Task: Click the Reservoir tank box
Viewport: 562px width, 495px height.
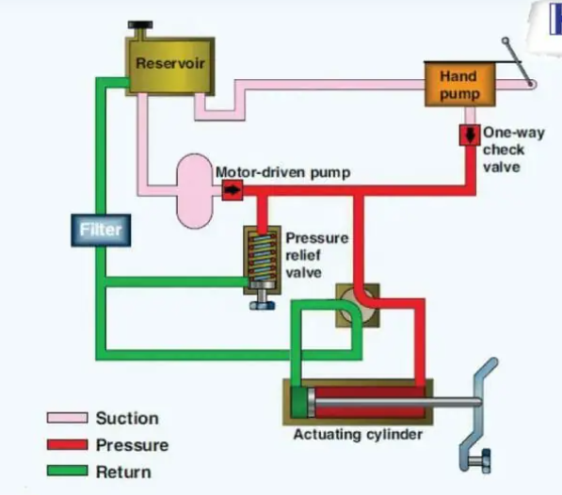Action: tap(169, 66)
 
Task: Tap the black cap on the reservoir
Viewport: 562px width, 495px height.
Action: tap(140, 25)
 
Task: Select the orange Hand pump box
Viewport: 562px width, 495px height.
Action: tap(459, 85)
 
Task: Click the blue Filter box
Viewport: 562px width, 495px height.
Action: tap(101, 231)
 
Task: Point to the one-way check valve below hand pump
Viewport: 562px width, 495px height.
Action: tap(470, 135)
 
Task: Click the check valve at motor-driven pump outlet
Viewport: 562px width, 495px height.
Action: tap(233, 190)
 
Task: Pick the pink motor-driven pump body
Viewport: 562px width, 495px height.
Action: tap(195, 191)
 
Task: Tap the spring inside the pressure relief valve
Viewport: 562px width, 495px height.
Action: tap(262, 257)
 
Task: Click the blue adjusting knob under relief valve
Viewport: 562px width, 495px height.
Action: tap(263, 305)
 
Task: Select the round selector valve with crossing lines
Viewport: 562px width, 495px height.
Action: tap(358, 305)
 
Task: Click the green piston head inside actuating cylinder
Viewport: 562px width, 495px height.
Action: tap(298, 402)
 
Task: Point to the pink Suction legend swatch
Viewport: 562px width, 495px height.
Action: tap(68, 418)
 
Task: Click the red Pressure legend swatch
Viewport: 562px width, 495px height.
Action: tap(68, 444)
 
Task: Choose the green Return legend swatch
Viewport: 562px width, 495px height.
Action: tap(68, 471)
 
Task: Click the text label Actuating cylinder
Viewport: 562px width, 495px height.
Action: tap(358, 435)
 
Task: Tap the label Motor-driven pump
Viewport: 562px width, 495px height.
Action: tap(283, 172)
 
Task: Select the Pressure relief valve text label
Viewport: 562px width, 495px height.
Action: tap(317, 255)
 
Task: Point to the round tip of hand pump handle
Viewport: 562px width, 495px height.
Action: tap(506, 40)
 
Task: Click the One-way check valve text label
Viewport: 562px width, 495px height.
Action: tap(514, 150)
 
